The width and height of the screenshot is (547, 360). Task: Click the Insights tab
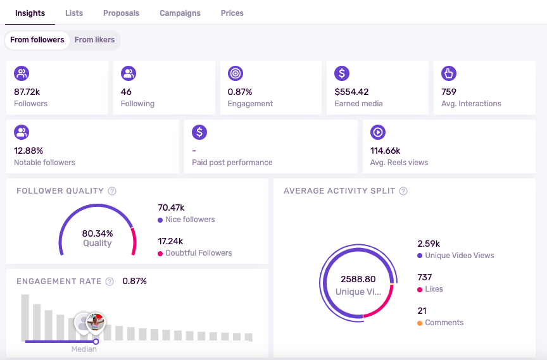[x=30, y=13]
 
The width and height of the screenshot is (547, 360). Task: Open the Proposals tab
[x=121, y=13]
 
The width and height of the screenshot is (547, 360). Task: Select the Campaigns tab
[x=180, y=13]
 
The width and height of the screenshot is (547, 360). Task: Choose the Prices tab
[x=232, y=13]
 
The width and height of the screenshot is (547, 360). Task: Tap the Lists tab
[x=74, y=13]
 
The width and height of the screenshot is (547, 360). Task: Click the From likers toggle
[x=94, y=40]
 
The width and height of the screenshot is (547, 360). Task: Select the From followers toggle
[x=37, y=40]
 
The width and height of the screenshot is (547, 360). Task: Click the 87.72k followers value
[x=27, y=92]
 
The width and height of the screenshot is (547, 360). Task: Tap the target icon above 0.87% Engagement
[x=235, y=73]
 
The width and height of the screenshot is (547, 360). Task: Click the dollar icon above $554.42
[x=342, y=73]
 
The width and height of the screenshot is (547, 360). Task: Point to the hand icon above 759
[x=449, y=73]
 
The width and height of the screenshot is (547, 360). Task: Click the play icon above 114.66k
[x=377, y=132]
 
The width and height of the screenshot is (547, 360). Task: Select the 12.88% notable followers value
[x=28, y=151]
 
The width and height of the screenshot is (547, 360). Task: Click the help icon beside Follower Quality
[x=112, y=191]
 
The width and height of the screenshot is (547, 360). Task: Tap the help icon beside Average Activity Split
[x=403, y=191]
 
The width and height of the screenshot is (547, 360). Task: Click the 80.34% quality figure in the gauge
[x=97, y=233]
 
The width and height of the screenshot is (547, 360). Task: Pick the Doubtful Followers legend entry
[x=198, y=253]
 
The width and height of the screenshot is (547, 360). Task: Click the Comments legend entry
[x=444, y=323]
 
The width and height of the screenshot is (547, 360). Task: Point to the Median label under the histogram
[x=84, y=349]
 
